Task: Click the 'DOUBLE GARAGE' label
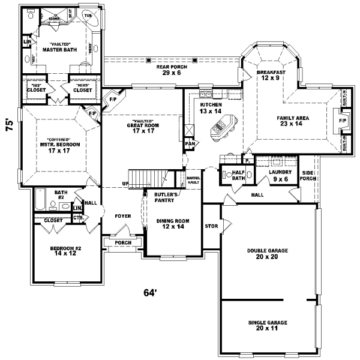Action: point(268,250)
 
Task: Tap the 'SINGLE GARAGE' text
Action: point(268,323)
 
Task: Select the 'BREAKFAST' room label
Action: point(271,72)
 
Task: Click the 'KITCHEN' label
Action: point(211,104)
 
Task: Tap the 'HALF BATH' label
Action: point(238,174)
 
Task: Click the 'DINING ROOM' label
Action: point(173,221)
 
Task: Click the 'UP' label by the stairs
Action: point(125,183)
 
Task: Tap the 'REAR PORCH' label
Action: point(172,67)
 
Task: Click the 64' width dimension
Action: point(150,293)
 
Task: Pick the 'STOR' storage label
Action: point(211,226)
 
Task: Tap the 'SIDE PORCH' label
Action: point(308,175)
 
